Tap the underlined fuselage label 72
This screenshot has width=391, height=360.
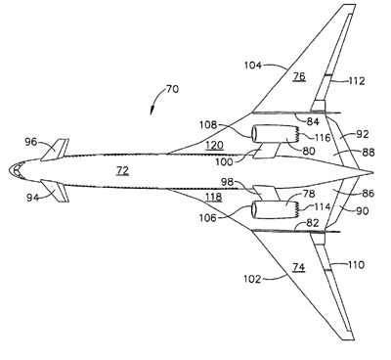[122, 170]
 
